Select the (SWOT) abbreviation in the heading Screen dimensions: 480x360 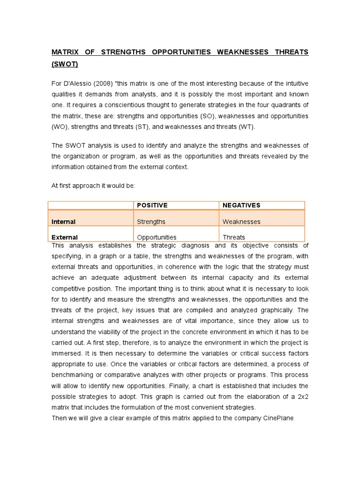[65, 64]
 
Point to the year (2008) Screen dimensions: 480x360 [104, 83]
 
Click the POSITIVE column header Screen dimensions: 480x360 [152, 205]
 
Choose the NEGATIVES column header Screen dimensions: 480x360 [241, 205]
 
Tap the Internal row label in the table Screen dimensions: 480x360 [63, 222]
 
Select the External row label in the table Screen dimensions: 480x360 [65, 237]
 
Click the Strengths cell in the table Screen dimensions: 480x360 [151, 222]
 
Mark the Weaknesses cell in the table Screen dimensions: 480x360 [241, 222]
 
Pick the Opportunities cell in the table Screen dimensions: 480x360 [157, 237]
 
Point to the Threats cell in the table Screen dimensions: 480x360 [234, 237]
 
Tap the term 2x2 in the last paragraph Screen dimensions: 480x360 [302, 397]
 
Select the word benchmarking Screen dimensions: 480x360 [73, 375]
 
